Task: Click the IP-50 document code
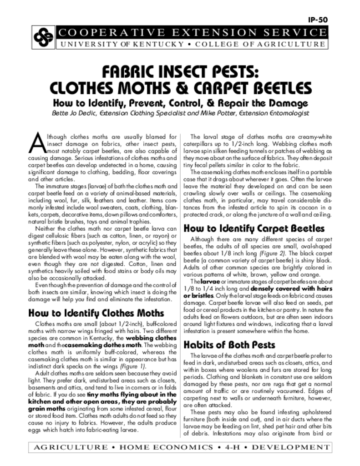point(318,20)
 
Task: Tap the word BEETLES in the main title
point(260,87)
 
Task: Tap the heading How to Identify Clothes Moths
point(96,313)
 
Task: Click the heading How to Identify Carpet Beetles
point(254,228)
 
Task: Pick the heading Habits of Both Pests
point(229,344)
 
